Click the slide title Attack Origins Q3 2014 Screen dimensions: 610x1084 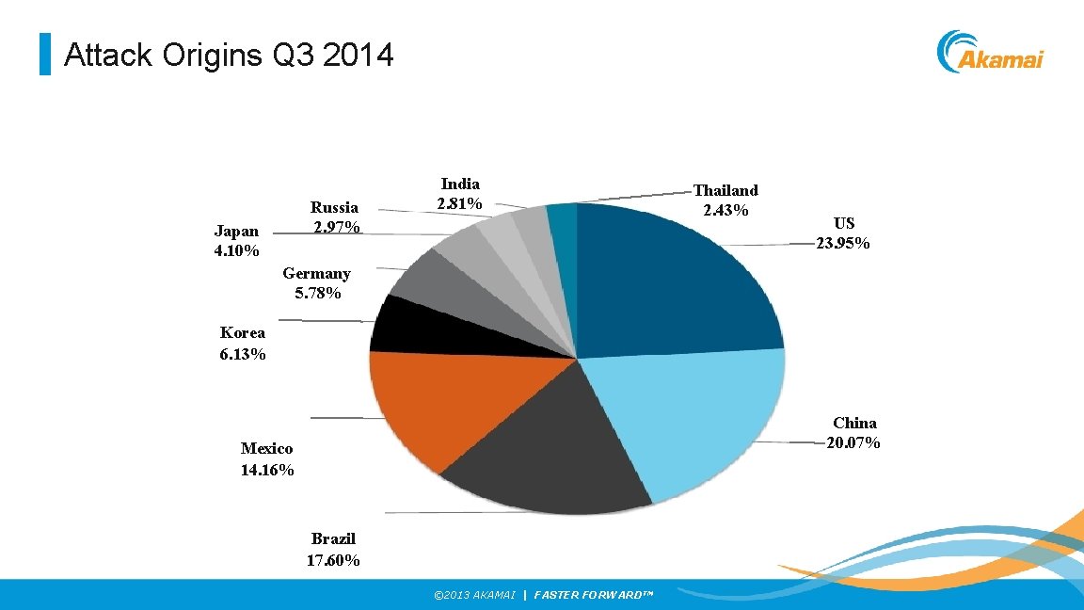(x=229, y=56)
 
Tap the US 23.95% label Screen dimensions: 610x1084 (x=843, y=233)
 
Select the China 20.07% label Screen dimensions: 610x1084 (x=853, y=433)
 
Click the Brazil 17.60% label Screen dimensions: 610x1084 (x=333, y=550)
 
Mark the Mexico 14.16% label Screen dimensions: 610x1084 (x=267, y=459)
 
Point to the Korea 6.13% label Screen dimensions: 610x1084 (x=243, y=344)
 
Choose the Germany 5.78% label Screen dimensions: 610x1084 (x=317, y=283)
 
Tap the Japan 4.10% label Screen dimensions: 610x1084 (x=237, y=241)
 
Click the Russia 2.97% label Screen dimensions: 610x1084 (x=335, y=217)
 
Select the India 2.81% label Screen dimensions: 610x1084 (x=460, y=194)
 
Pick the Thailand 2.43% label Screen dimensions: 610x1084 (x=725, y=200)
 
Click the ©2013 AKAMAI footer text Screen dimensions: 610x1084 (x=474, y=595)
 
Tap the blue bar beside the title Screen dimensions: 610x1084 (x=44, y=55)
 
